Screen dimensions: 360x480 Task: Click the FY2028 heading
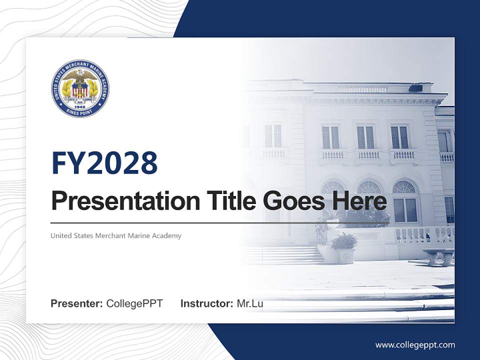[x=104, y=163]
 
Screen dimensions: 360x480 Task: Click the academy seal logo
[x=80, y=88]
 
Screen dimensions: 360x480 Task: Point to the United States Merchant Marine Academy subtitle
[x=116, y=235]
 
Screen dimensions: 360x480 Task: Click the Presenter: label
[x=76, y=303]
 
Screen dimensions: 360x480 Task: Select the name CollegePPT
[x=134, y=303]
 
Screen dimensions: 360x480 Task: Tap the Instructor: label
[x=206, y=303]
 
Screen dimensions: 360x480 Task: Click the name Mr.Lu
[x=249, y=303]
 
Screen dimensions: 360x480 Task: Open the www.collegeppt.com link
[x=415, y=344]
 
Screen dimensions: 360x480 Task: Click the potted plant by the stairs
[x=344, y=247]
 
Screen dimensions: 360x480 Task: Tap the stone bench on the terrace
[x=438, y=255]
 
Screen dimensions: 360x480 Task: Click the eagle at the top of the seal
[x=80, y=75]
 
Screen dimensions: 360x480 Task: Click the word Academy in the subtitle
[x=167, y=235]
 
